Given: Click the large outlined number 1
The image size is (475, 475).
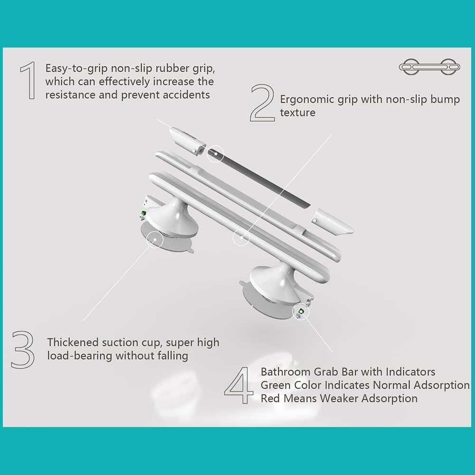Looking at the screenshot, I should [x=28, y=81].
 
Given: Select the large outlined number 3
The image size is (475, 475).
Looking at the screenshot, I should [x=23, y=349].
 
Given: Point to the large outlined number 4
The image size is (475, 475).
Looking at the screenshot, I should [x=240, y=385].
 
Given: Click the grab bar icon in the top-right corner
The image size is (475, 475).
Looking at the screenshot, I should [x=429, y=66].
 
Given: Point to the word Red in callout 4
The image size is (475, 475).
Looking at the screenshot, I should [x=270, y=398].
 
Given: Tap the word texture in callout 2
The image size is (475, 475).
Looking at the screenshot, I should [x=297, y=113].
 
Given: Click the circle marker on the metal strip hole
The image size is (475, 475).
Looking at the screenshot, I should [x=215, y=153].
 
